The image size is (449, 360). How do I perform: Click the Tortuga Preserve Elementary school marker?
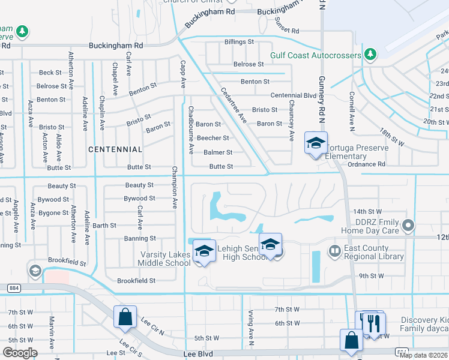coord(316,143)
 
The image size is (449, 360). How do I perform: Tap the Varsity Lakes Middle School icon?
coord(204,251)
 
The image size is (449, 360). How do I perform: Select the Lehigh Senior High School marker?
coord(271,245)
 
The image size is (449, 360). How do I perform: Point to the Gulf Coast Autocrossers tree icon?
coord(370,55)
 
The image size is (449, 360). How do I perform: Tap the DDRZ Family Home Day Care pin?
coord(408,226)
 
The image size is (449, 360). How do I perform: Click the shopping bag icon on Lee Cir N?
coord(125,317)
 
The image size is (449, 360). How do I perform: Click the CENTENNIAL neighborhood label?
coord(115,149)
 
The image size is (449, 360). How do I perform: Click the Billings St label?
coord(239,42)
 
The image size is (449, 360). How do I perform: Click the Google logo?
coord(20,353)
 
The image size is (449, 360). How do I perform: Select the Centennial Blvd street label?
coord(293,95)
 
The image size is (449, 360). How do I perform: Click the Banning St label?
coord(140,239)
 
